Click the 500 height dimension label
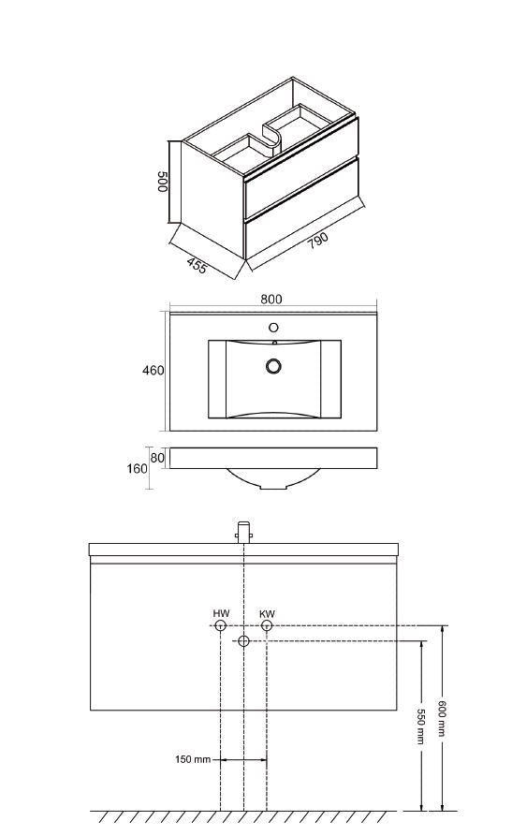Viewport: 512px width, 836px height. (x=163, y=182)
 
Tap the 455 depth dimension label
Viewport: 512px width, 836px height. (x=197, y=266)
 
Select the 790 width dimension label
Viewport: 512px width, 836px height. (x=317, y=241)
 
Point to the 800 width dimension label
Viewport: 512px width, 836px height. (x=271, y=299)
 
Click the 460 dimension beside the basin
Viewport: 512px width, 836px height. (x=154, y=370)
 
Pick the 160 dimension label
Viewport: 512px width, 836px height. (x=137, y=469)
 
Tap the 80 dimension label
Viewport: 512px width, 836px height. (x=157, y=458)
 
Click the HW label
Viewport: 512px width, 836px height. (x=221, y=614)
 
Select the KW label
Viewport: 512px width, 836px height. (x=267, y=614)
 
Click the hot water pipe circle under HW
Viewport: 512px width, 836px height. (x=221, y=626)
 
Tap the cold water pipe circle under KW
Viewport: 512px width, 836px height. (x=267, y=626)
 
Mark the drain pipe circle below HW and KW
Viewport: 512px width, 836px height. (x=243, y=641)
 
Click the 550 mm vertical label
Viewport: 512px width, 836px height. (x=420, y=726)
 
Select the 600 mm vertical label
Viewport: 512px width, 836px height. (x=441, y=717)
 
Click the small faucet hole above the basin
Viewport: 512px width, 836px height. (x=273, y=328)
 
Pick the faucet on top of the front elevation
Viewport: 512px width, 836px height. (x=243, y=532)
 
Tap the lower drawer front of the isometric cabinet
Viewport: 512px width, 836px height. (x=301, y=209)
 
